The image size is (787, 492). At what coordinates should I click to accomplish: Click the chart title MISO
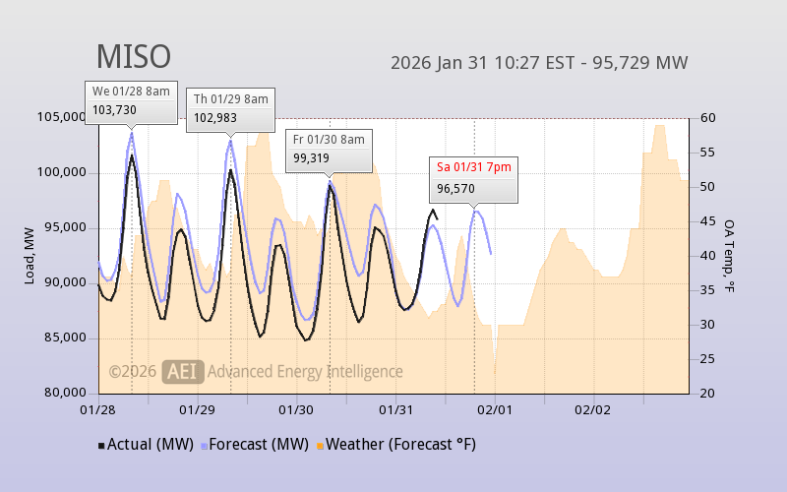click(x=133, y=57)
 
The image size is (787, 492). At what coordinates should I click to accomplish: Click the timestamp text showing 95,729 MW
click(x=539, y=63)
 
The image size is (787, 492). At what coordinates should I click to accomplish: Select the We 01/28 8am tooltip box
click(x=131, y=101)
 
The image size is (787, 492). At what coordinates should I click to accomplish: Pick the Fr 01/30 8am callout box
click(x=329, y=149)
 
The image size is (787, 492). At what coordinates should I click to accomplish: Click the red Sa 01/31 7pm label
click(x=474, y=166)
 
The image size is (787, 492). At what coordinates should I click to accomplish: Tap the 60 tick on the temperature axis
click(x=707, y=118)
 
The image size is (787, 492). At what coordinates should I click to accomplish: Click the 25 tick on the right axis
click(x=707, y=359)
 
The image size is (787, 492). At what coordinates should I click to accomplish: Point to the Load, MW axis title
click(x=30, y=255)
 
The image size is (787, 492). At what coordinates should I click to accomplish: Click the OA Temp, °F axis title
click(x=730, y=255)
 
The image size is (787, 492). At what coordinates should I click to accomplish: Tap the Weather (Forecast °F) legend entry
click(x=394, y=445)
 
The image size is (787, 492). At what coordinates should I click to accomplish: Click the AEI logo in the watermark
click(x=183, y=371)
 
